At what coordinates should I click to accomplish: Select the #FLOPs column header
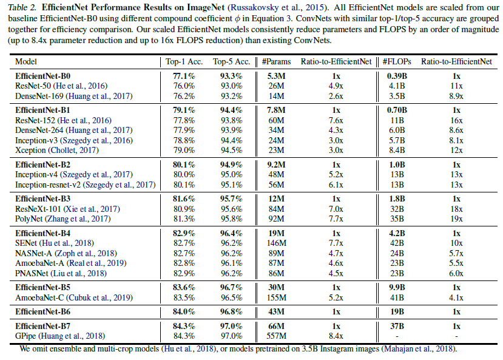[x=398, y=61]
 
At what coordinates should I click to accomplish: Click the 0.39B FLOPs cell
[x=398, y=76]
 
